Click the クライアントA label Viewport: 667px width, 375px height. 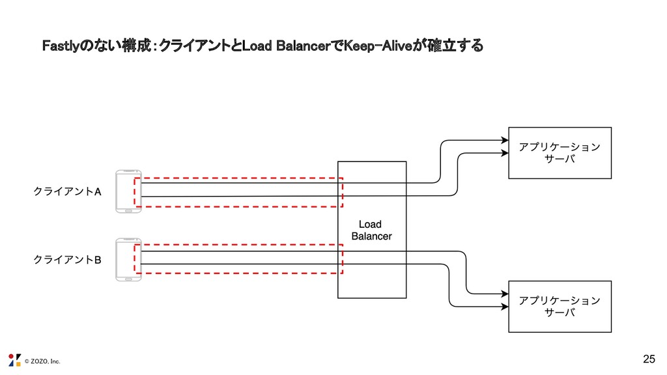click(x=67, y=192)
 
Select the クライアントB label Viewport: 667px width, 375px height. click(x=67, y=260)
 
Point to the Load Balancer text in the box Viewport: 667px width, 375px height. click(x=371, y=230)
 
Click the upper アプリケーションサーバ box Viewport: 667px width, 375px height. click(x=560, y=153)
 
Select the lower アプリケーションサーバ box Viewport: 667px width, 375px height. click(x=560, y=307)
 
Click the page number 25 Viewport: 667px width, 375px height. click(x=648, y=359)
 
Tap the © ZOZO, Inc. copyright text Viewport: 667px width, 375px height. click(x=42, y=361)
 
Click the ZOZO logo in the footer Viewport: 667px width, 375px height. click(x=14, y=359)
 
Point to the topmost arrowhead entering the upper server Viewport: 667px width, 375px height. click(x=504, y=140)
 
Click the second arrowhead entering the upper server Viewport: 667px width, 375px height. click(x=504, y=153)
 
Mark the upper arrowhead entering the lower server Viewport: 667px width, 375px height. click(x=504, y=292)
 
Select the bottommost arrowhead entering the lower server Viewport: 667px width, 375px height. click(x=504, y=305)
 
